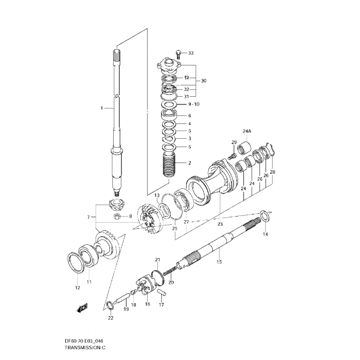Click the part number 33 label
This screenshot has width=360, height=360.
[x=191, y=53]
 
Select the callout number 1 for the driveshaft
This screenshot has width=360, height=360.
[x=102, y=108]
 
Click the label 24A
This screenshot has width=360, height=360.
[x=247, y=131]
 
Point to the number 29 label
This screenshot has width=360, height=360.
[x=233, y=142]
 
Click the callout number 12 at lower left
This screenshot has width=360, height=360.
[x=77, y=287]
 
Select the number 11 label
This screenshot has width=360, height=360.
[x=88, y=282]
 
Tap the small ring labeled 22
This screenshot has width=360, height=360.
[x=110, y=307]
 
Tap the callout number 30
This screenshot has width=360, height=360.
[x=204, y=81]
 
